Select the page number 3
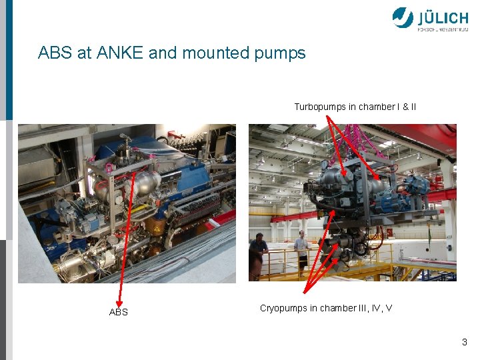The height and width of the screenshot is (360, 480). (464, 342)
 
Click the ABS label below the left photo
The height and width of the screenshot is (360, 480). (118, 312)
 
